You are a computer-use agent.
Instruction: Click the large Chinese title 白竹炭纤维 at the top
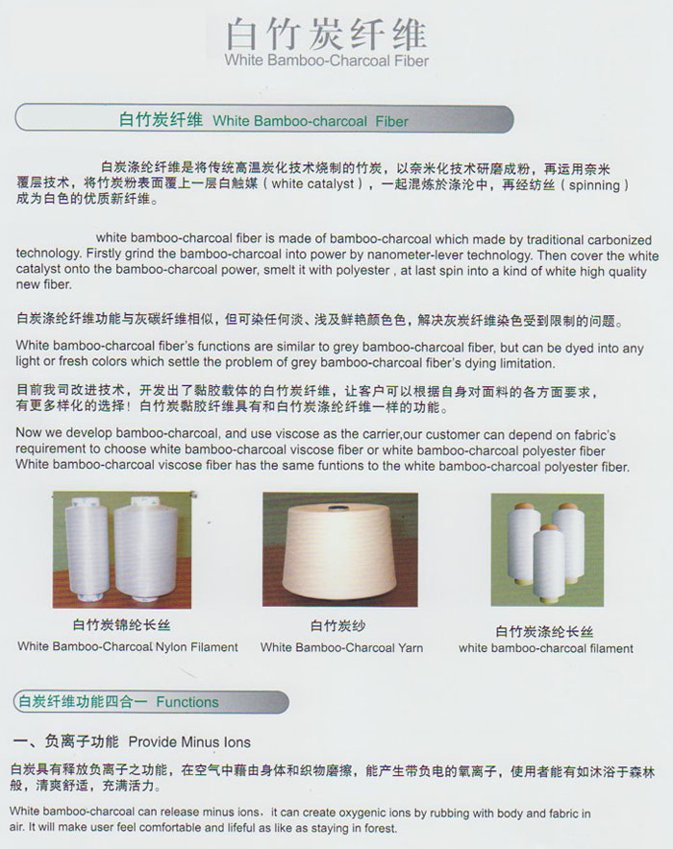click(326, 34)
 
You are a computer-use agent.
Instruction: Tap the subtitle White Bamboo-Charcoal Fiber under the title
click(326, 61)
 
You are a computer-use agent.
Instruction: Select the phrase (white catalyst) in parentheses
click(312, 184)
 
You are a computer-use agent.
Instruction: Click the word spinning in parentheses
click(594, 184)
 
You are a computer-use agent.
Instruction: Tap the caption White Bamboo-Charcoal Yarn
click(341, 647)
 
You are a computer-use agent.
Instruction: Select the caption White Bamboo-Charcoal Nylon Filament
click(128, 646)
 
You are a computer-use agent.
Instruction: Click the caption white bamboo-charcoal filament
click(546, 648)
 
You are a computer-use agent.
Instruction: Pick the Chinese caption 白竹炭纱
click(337, 626)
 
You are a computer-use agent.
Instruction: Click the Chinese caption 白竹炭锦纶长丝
click(121, 625)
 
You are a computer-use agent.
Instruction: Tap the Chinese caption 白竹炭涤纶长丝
click(544, 631)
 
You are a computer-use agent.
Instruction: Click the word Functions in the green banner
click(187, 702)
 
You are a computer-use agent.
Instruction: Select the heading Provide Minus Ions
click(189, 741)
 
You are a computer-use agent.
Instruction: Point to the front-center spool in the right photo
click(549, 561)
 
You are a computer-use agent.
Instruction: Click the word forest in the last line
click(382, 829)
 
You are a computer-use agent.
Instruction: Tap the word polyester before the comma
click(362, 270)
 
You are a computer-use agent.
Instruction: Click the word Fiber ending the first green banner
click(391, 121)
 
